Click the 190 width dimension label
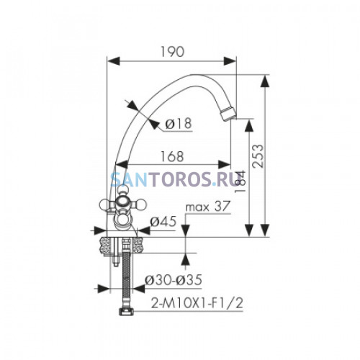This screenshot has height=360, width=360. pos(172,52)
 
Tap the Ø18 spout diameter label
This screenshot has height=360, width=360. pos(179,124)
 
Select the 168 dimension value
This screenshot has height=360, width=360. pos(172,156)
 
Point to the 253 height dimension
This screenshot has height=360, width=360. pos(258,156)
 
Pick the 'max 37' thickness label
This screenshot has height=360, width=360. pos(208,207)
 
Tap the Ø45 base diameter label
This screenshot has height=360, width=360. pos(163,221)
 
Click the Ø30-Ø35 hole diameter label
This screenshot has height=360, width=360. pos(173,280)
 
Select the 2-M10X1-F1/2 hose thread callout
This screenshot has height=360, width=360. pos(197,303)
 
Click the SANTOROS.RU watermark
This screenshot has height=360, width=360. pos(174,179)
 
